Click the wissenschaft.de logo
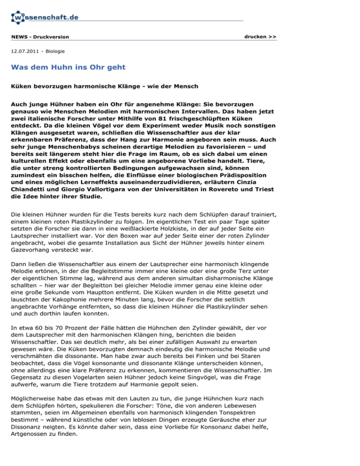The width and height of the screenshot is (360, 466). [x=45, y=18]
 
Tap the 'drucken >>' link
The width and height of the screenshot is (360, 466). [x=260, y=36]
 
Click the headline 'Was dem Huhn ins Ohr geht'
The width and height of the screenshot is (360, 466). [x=68, y=68]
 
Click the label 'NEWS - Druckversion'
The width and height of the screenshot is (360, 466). [x=40, y=37]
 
